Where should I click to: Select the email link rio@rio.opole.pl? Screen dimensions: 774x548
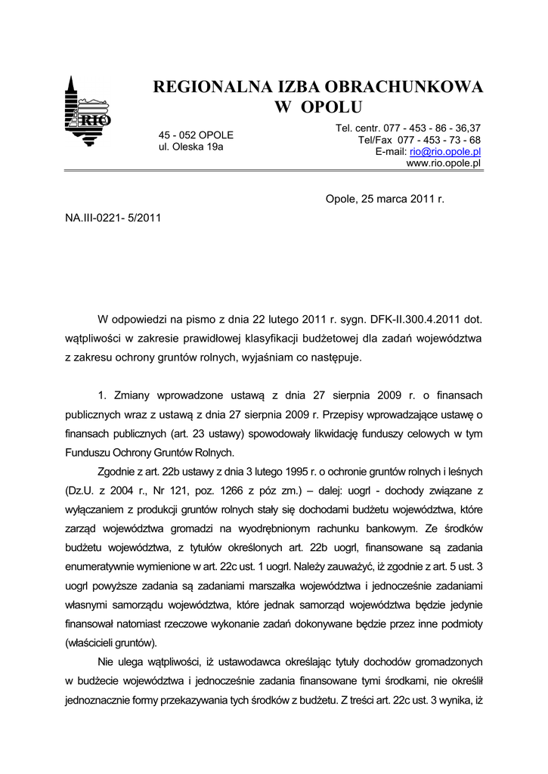tap(445, 152)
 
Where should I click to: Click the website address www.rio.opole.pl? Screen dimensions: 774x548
tap(444, 163)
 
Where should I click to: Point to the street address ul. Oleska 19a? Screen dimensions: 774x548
tap(191, 147)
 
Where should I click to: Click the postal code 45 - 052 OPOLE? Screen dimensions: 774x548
tap(196, 135)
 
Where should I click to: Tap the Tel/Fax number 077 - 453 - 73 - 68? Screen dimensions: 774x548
tap(439, 140)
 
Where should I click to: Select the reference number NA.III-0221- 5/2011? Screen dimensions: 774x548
tap(113, 217)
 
